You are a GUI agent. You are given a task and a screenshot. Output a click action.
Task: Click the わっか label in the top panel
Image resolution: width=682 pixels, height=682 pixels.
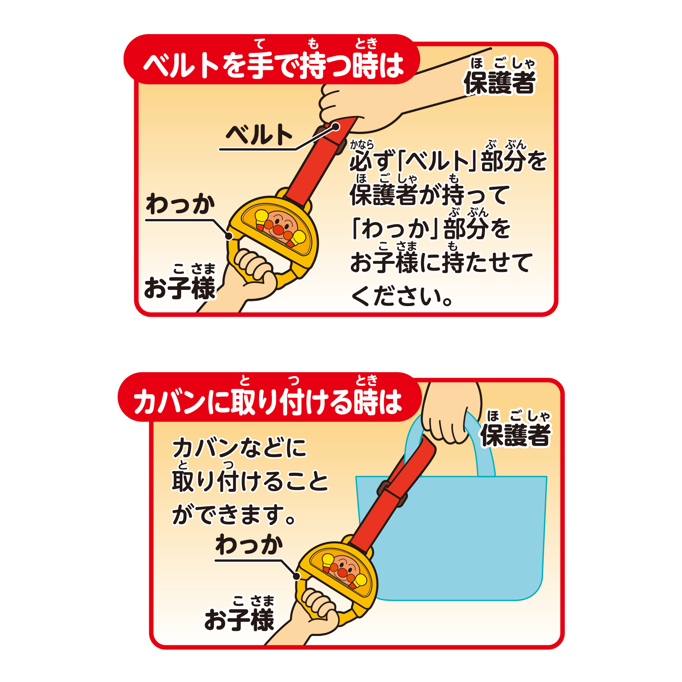tap(180, 205)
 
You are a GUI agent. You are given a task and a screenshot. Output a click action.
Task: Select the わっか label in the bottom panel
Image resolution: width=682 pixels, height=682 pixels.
tap(249, 545)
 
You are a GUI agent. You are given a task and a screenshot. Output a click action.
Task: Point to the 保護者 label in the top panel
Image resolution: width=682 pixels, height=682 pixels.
tap(499, 82)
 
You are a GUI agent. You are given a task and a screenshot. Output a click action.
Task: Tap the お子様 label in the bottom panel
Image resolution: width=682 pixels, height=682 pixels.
tap(239, 619)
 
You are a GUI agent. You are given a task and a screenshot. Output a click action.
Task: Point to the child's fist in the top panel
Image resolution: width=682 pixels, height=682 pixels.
tap(254, 269)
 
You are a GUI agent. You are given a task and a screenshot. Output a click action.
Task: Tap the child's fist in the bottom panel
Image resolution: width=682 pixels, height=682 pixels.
tap(318, 605)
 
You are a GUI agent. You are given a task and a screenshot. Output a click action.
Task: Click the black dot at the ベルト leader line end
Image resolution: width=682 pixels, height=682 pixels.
tap(336, 127)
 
